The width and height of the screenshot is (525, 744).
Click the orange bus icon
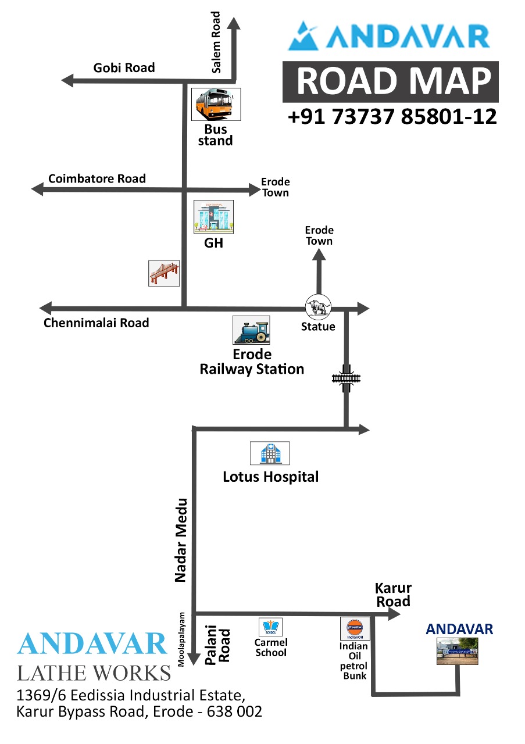pyautogui.click(x=216, y=105)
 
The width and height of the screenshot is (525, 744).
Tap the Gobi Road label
pyautogui.click(x=124, y=68)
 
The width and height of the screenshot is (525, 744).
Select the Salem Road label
pyautogui.click(x=216, y=42)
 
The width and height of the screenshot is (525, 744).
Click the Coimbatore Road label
pyautogui.click(x=97, y=178)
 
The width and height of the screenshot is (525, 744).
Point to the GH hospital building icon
pyautogui.click(x=213, y=216)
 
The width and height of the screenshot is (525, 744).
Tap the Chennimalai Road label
pyautogui.click(x=96, y=323)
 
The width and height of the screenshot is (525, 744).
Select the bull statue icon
pyautogui.click(x=318, y=306)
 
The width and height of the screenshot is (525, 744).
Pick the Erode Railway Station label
pyautogui.click(x=252, y=362)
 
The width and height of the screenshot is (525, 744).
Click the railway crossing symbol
pyautogui.click(x=347, y=378)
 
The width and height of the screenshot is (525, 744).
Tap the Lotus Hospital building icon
pyautogui.click(x=270, y=453)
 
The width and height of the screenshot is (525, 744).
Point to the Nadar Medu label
pyautogui.click(x=181, y=539)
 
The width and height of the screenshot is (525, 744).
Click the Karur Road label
pyautogui.click(x=394, y=595)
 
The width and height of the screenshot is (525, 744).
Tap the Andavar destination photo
pyautogui.click(x=457, y=652)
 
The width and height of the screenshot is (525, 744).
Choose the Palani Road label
pyautogui.click(x=217, y=646)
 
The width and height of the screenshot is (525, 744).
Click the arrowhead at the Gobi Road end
pyautogui.click(x=67, y=81)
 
